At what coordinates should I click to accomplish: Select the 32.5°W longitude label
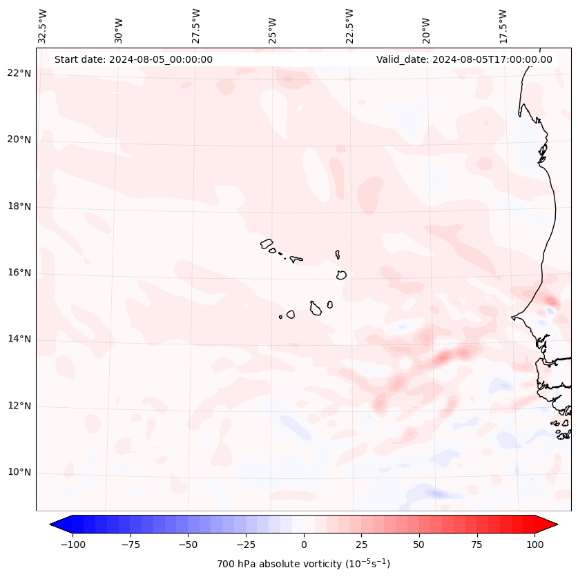tap(43, 25)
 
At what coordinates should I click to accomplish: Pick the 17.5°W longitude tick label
tap(503, 25)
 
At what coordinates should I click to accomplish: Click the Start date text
tap(133, 59)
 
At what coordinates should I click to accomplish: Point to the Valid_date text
tap(464, 59)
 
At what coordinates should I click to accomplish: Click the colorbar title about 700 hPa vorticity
tap(303, 564)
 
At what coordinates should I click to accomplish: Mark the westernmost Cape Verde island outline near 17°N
tap(267, 244)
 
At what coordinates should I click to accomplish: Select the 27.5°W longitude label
tap(196, 25)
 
